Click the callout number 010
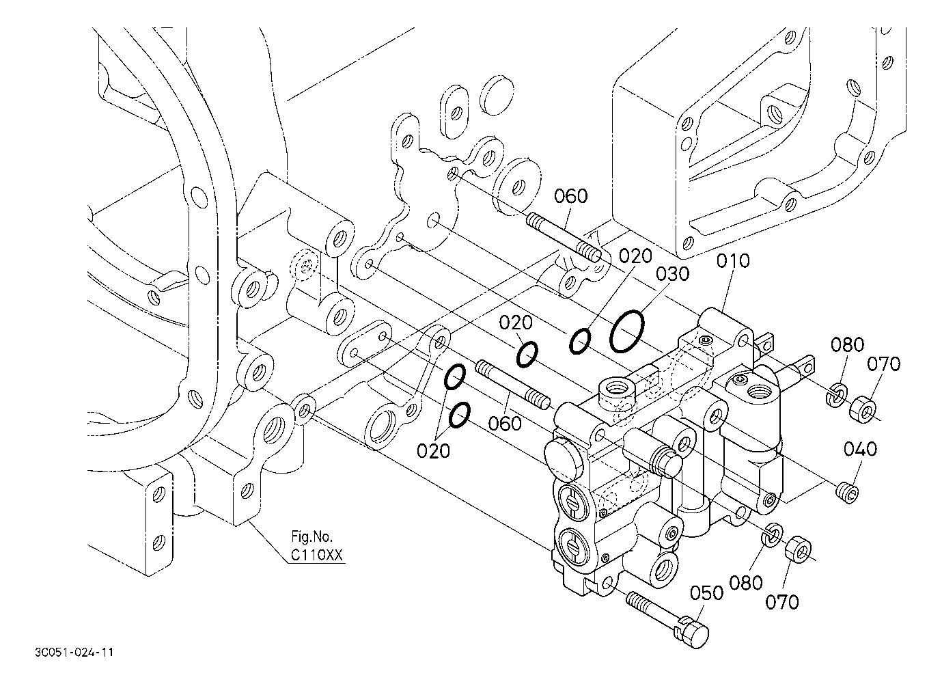tap(733, 261)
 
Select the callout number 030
tap(673, 274)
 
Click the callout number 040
tap(861, 449)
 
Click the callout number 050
tap(707, 593)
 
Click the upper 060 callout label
tap(570, 196)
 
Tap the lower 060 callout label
tap(505, 424)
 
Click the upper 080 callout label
tap(847, 344)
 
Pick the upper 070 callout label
tap(883, 364)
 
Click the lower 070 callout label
tap(781, 603)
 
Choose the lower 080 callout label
tap(746, 583)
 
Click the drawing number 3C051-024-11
tap(74, 653)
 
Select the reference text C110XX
tap(317, 556)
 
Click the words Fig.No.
tap(312, 536)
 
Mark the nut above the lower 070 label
tap(798, 549)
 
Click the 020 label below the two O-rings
tap(433, 452)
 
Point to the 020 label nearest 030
tap(635, 256)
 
